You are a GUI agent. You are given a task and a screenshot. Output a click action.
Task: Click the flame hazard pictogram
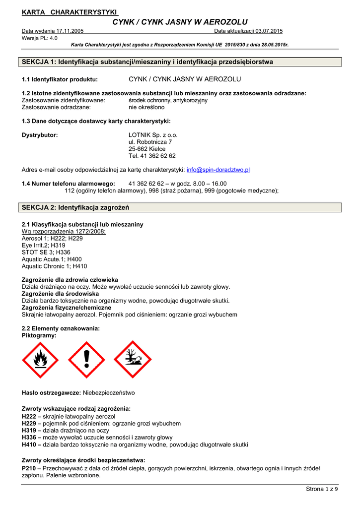pos(40,360)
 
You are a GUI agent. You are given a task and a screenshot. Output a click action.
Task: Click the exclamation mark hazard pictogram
pos(86,360)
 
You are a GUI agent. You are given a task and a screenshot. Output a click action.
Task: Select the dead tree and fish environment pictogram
pos(133,360)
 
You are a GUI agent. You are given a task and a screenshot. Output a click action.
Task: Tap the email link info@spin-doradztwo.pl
pos(218,170)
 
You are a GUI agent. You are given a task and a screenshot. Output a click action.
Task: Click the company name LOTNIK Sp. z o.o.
pos(153,135)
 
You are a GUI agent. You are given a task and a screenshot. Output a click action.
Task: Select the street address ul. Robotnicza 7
pos(150,142)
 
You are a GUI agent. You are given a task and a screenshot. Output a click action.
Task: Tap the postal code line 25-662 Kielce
pos(147,149)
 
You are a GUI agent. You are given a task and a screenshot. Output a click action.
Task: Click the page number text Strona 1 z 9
pos(322,489)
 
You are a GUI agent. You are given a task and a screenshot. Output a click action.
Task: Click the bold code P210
pos(30,468)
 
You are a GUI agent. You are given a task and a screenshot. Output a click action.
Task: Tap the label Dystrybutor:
pos(40,135)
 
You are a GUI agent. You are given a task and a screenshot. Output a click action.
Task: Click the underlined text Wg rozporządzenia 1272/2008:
pos(64,231)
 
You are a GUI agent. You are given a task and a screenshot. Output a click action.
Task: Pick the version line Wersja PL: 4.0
pos(40,38)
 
